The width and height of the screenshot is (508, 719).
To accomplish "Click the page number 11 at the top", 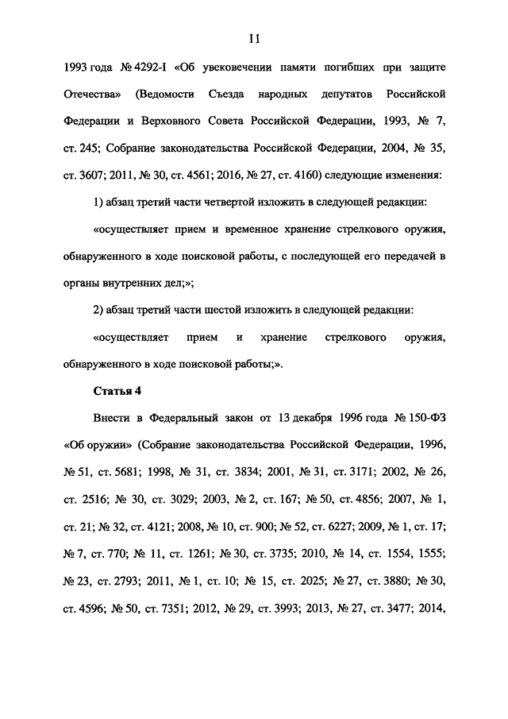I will click(x=254, y=37).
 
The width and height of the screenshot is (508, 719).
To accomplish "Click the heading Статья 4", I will click(x=117, y=392).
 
